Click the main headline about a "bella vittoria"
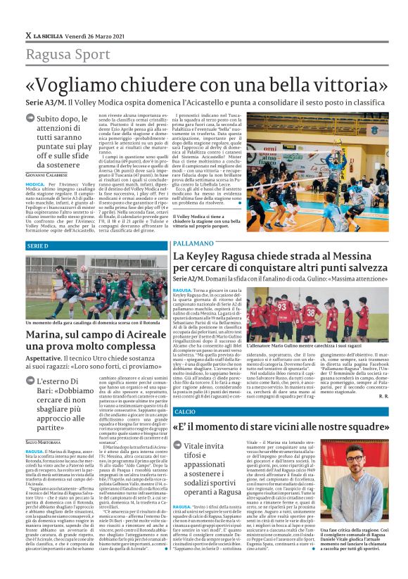[x=204, y=83]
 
